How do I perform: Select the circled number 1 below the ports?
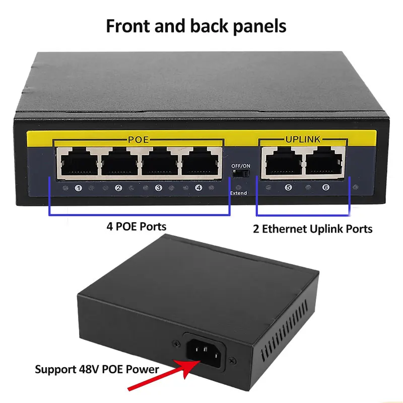(78, 188)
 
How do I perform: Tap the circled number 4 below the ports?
(198, 188)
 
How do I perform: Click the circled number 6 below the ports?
(326, 188)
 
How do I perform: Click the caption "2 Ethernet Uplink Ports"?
(312, 229)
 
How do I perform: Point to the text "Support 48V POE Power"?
(97, 369)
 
